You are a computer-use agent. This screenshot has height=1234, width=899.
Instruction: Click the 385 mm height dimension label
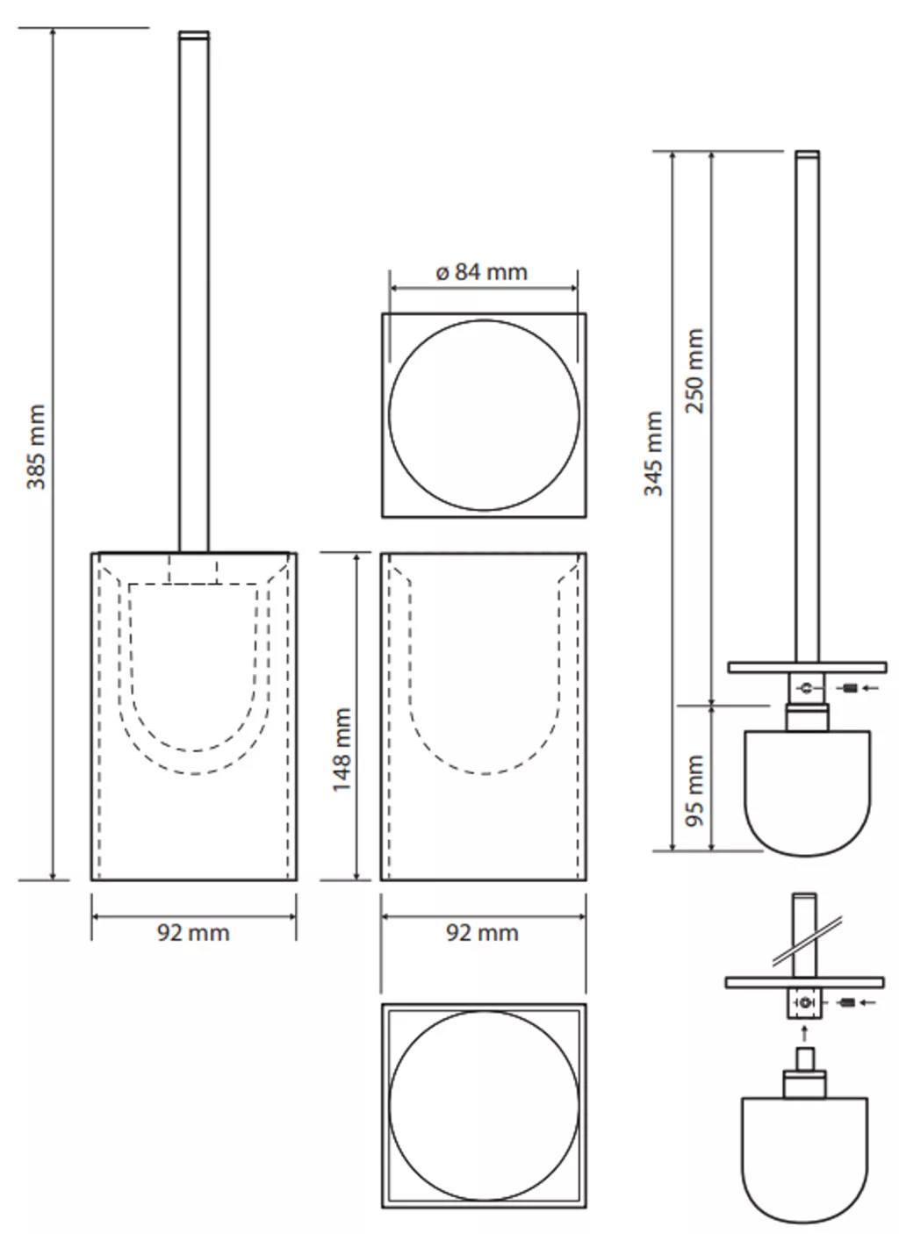(36, 447)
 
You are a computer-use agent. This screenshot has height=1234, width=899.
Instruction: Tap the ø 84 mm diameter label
(482, 272)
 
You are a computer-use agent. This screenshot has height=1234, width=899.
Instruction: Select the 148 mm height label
(342, 750)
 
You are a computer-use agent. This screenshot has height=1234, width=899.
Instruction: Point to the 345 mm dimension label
(654, 454)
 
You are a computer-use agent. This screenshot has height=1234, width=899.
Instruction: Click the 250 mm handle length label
(694, 370)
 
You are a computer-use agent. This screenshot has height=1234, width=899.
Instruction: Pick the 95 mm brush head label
(694, 791)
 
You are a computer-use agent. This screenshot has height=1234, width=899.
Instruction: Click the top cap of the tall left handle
(194, 35)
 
